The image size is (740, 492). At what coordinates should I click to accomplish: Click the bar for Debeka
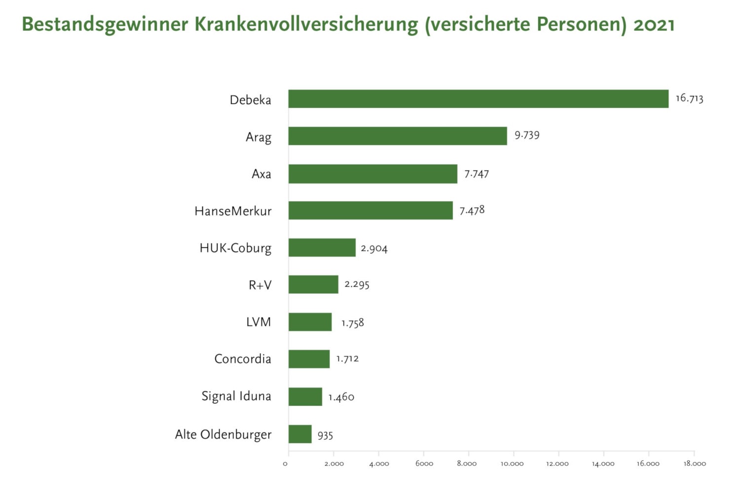(478, 99)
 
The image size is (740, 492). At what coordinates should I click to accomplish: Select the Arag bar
(398, 136)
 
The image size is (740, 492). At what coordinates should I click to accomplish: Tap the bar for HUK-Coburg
(322, 247)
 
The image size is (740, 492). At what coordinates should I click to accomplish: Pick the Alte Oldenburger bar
(300, 434)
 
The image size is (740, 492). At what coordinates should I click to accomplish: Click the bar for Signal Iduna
(305, 396)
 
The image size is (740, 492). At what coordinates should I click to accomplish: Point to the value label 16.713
(689, 98)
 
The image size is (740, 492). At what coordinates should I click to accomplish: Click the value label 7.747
(476, 174)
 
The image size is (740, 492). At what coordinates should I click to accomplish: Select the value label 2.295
(357, 284)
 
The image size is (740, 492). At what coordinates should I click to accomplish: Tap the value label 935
(325, 435)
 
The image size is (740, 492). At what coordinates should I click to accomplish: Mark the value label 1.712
(347, 359)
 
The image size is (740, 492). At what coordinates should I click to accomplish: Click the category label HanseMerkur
(233, 211)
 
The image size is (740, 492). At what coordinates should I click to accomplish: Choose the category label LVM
(259, 322)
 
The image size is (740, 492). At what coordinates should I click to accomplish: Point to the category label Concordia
(243, 359)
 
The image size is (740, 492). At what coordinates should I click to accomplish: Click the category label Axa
(261, 174)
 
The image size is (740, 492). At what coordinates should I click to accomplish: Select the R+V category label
(260, 285)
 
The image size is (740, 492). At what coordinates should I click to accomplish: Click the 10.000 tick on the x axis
(512, 463)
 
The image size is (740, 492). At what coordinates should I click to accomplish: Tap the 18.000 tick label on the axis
(695, 463)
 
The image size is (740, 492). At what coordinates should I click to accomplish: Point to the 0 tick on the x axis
(285, 463)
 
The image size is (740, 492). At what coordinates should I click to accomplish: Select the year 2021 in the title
(654, 25)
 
